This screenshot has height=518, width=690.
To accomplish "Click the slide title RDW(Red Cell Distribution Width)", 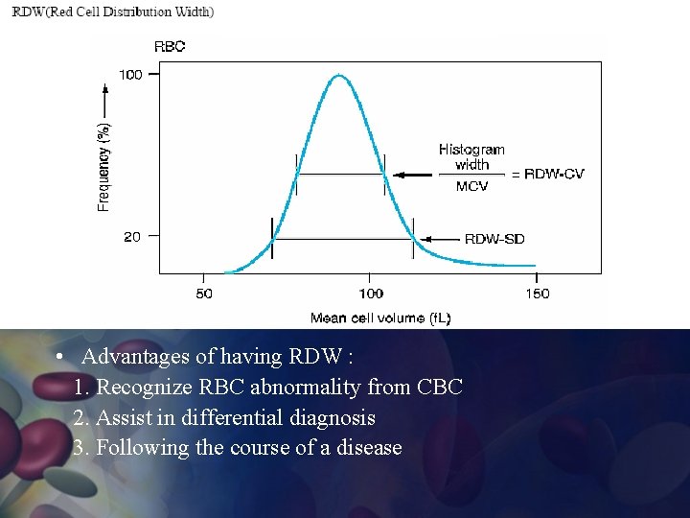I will click(113, 12).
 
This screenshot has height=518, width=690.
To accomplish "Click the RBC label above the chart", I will click(170, 45).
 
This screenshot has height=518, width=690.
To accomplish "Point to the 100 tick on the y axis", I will click(130, 74).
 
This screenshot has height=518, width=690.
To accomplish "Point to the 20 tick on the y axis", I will click(132, 236).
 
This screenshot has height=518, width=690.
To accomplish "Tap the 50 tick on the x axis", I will click(204, 294).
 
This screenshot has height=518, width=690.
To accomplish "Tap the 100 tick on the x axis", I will click(371, 294).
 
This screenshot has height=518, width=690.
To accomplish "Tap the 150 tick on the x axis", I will click(538, 294).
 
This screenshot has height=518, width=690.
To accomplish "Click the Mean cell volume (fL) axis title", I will click(380, 318).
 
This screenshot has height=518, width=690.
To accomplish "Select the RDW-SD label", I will click(494, 239).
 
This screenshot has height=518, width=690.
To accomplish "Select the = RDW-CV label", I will click(547, 174).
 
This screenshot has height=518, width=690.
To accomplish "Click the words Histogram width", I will click(471, 156).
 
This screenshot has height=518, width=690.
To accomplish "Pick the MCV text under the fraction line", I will click(471, 186).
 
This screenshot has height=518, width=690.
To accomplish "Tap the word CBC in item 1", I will click(440, 388).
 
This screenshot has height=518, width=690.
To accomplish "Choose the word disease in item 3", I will click(369, 448).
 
